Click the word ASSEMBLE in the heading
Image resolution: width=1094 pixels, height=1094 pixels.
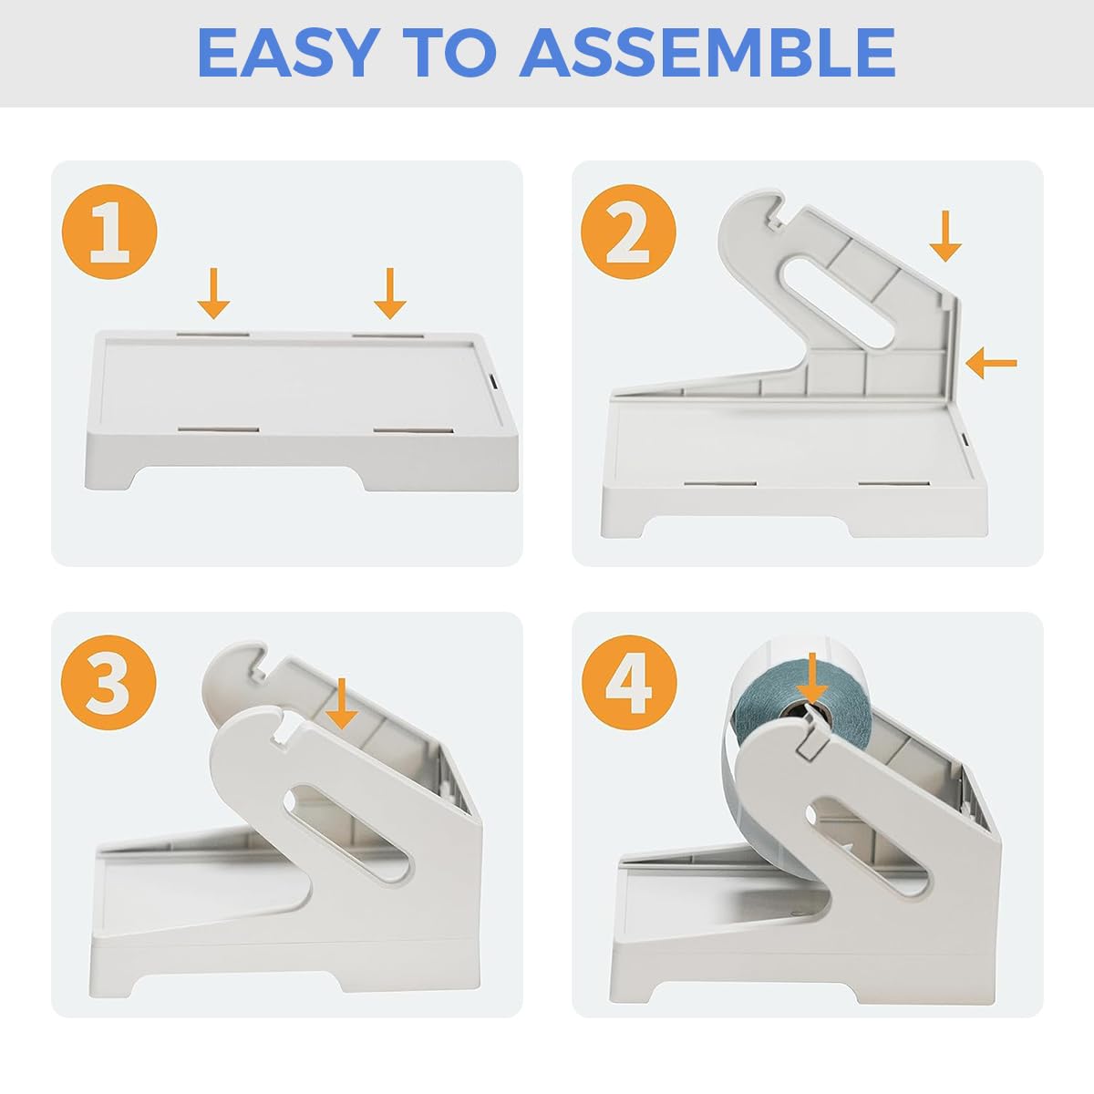point(707,53)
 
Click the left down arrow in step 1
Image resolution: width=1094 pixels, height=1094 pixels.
point(213,293)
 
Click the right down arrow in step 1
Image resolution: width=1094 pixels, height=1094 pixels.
point(390,293)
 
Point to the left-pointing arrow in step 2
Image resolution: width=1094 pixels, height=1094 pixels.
point(991,363)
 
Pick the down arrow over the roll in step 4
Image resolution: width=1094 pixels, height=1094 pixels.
point(811,679)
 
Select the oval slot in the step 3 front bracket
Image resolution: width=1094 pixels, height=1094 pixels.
point(348,834)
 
